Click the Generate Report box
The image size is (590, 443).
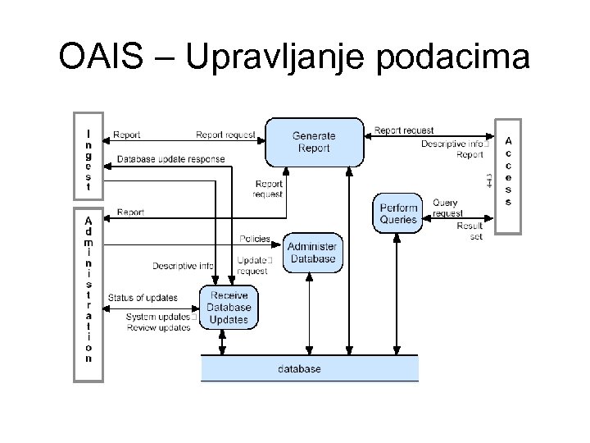pos(314,142)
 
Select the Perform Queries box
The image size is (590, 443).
pos(398,213)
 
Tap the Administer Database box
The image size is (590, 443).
pos(312,253)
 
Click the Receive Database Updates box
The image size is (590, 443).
pos(229,307)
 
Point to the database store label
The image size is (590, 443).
pos(299,369)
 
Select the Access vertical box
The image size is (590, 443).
pos(508,171)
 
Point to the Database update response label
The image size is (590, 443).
pos(170,159)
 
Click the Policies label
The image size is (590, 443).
pos(255,239)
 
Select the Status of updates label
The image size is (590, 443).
pos(143,297)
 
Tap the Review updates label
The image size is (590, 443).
pos(158,328)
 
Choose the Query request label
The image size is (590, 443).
pos(447,208)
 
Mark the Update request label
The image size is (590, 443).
pos(253,265)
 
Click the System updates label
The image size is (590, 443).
pos(159,317)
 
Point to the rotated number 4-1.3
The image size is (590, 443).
pos(489,180)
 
